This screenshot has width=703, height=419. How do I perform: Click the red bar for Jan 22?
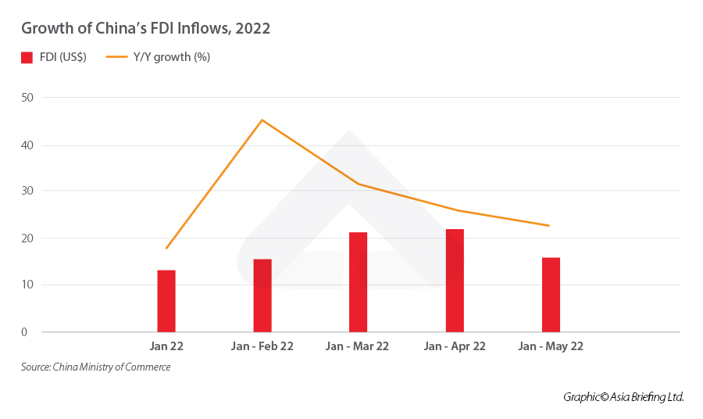pyautogui.click(x=166, y=301)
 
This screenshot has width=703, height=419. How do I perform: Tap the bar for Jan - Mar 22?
pyautogui.click(x=359, y=282)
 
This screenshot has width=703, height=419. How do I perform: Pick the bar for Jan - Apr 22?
pyautogui.click(x=455, y=281)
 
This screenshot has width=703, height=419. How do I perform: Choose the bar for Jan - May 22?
pyautogui.click(x=551, y=295)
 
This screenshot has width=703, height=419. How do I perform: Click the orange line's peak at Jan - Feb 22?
pyautogui.click(x=262, y=120)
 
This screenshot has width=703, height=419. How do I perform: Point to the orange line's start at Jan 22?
pyautogui.click(x=166, y=249)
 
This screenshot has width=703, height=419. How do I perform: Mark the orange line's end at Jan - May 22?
pyautogui.click(x=549, y=226)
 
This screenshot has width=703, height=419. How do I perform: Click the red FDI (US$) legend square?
pyautogui.click(x=27, y=57)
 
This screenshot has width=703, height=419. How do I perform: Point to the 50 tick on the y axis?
pyautogui.click(x=27, y=98)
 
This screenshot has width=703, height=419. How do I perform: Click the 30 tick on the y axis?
pyautogui.click(x=27, y=191)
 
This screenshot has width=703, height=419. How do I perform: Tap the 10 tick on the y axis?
pyautogui.click(x=27, y=285)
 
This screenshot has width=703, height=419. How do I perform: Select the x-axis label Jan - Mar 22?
pyautogui.click(x=358, y=346)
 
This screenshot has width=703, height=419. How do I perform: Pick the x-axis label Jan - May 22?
pyautogui.click(x=551, y=346)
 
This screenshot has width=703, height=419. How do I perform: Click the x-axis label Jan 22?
pyautogui.click(x=166, y=346)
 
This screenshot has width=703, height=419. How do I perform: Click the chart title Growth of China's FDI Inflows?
pyautogui.click(x=146, y=29)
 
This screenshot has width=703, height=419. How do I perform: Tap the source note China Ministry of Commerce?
pyautogui.click(x=96, y=367)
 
